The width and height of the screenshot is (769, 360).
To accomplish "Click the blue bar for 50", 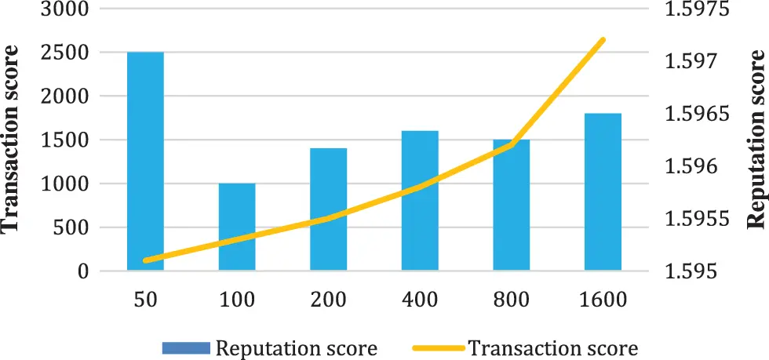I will coord(145,162).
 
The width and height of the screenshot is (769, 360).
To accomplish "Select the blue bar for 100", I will coord(237,227).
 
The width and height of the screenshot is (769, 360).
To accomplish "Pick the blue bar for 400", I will coord(420,201).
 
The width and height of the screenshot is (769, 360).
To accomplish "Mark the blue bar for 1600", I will coord(603,192).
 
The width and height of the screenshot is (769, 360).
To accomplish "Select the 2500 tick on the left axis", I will coord(69,53).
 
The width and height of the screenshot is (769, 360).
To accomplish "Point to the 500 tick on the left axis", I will coord(75,228).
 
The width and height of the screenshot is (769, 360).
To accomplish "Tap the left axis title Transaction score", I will coord(12,139).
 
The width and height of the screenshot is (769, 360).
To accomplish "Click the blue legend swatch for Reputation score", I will coord(187,347).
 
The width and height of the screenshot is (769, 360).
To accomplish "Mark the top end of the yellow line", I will coord(603,39).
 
